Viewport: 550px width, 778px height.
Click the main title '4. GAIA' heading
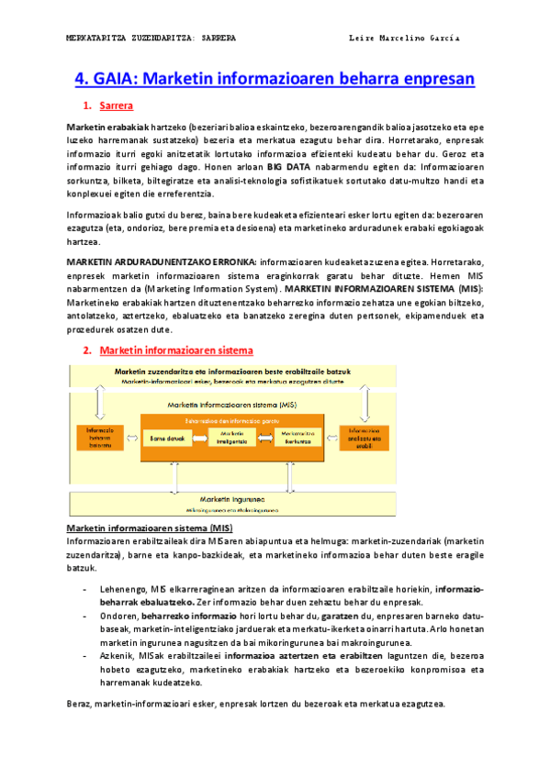[x=274, y=79]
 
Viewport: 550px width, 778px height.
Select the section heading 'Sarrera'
[x=116, y=106]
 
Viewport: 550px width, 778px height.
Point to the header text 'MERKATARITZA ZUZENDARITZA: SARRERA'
[x=152, y=39]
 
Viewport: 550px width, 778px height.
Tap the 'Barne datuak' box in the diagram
[x=169, y=439]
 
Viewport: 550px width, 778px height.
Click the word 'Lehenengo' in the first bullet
[x=123, y=588]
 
